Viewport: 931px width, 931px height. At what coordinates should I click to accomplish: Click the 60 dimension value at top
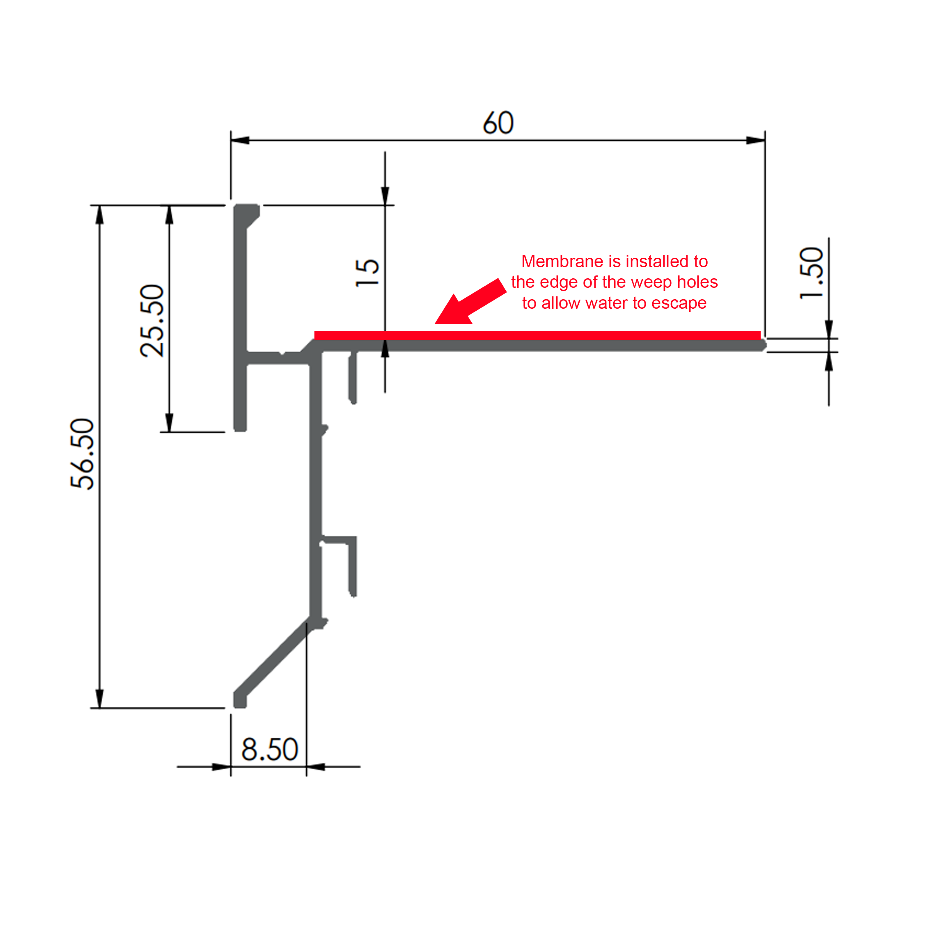tap(498, 123)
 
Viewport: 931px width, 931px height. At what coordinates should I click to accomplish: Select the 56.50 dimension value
tap(83, 454)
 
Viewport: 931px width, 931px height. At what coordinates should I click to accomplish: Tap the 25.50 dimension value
tap(152, 321)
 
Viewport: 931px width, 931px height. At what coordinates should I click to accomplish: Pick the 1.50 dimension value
tap(812, 273)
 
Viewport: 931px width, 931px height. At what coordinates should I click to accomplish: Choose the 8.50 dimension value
tap(269, 749)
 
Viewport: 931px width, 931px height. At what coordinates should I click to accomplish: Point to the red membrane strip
tap(537, 335)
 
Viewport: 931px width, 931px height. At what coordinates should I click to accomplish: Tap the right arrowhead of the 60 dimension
tap(756, 140)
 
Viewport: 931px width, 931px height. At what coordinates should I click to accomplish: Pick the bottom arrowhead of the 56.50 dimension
tap(100, 699)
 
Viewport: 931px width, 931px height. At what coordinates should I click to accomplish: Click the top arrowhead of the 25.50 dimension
tap(169, 215)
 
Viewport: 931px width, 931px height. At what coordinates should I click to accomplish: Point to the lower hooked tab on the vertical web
tap(352, 566)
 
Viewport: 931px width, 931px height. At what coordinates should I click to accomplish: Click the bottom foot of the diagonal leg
tap(240, 701)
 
